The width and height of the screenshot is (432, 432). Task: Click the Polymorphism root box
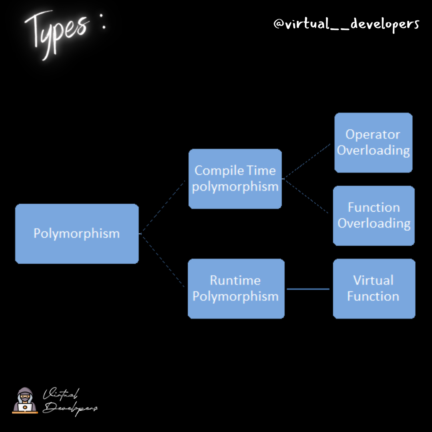[x=77, y=234]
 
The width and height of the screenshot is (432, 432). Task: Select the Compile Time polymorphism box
[x=235, y=179]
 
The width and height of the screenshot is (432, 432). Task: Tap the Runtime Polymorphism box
[x=236, y=288]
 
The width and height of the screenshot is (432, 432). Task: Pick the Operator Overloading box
[x=373, y=142]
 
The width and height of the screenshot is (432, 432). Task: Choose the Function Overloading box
[x=374, y=215]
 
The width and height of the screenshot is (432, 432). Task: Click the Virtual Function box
[x=374, y=288]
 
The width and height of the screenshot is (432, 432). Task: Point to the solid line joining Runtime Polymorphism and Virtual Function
[x=308, y=289]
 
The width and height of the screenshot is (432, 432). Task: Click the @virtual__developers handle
[x=346, y=24]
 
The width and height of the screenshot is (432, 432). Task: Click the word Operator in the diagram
[x=373, y=135]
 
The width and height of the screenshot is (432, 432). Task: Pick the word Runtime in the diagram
[x=235, y=280]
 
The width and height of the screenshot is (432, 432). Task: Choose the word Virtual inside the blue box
[x=373, y=280]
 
